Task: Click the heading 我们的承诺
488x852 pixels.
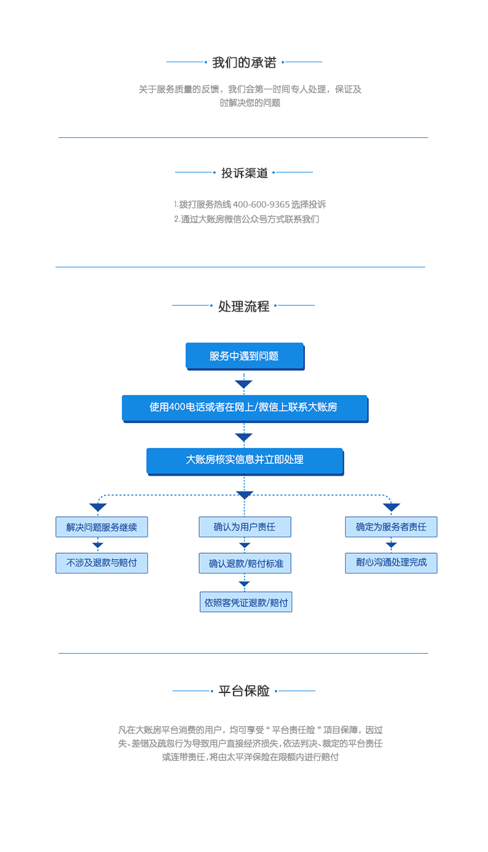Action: [x=244, y=62]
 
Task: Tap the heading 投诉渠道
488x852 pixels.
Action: [x=245, y=173]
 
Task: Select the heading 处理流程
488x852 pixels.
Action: [x=243, y=306]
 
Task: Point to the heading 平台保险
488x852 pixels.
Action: [x=244, y=691]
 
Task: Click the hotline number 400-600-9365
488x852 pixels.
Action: [x=261, y=205]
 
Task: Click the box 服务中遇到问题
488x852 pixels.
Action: [x=244, y=355]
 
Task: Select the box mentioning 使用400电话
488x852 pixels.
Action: [x=244, y=407]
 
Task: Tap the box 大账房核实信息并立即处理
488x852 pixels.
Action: [x=244, y=460]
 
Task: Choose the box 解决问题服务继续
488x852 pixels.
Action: [x=102, y=527]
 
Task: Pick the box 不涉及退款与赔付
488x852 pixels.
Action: [x=102, y=563]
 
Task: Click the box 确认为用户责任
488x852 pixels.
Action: [x=245, y=527]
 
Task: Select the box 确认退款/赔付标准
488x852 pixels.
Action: [x=245, y=563]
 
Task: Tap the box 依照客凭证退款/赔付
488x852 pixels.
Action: [x=246, y=602]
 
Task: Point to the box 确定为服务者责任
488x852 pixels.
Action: [x=391, y=527]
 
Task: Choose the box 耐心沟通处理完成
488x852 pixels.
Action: [x=391, y=563]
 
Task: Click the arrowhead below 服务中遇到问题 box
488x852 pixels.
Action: [x=244, y=384]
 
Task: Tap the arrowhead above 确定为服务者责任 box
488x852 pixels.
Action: [x=391, y=508]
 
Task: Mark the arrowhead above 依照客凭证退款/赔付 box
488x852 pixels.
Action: [x=245, y=583]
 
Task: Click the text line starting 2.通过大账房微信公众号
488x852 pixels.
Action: [x=246, y=219]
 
